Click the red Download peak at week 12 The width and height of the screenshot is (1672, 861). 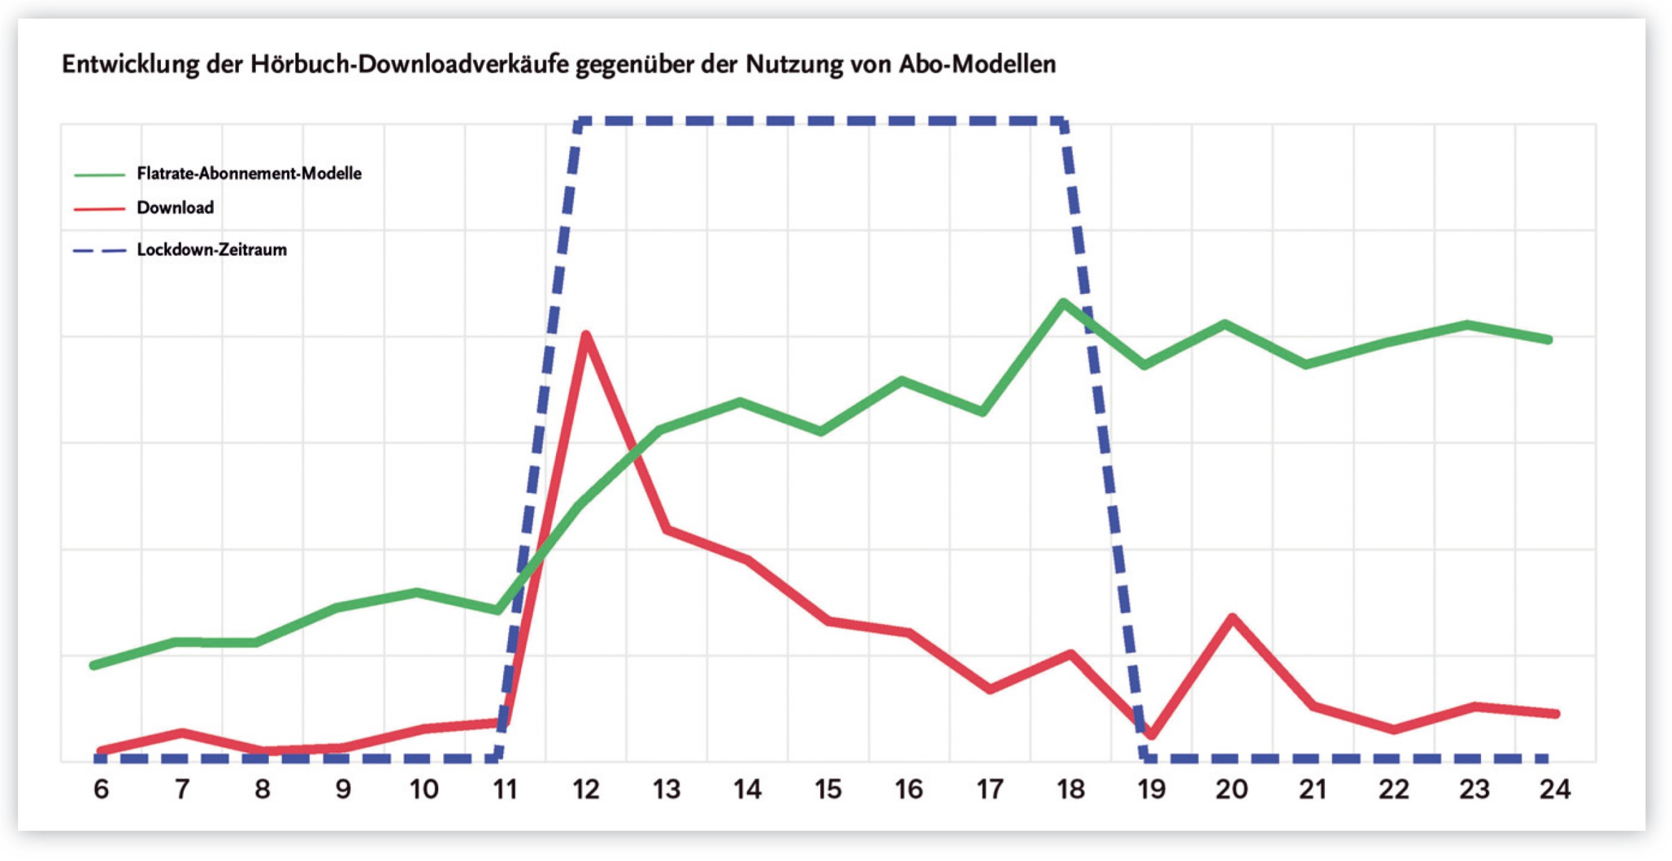[x=586, y=336]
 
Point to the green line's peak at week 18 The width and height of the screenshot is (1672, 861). [x=1063, y=303]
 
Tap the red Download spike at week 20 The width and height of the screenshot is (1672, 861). [x=1232, y=618]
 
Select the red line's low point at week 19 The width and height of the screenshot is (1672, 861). [x=1151, y=735]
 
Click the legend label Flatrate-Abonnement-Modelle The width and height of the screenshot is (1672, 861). [x=249, y=174]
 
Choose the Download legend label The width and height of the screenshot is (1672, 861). [x=175, y=208]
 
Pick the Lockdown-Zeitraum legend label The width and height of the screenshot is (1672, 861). [x=211, y=250]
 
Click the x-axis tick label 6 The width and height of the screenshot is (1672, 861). [x=101, y=789]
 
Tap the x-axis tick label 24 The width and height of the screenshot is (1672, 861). [x=1555, y=789]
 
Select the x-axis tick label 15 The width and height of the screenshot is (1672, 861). [x=828, y=789]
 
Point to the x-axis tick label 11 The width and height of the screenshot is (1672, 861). [x=504, y=789]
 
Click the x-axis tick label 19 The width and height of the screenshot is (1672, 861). [x=1151, y=789]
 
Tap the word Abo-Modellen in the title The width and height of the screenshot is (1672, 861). [x=977, y=64]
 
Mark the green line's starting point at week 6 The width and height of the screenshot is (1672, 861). [x=94, y=665]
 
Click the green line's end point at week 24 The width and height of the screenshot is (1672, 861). [x=1548, y=340]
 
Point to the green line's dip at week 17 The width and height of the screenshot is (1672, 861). [x=982, y=412]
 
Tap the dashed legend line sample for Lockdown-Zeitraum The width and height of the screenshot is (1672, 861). [x=100, y=250]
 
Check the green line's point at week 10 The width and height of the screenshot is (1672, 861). [x=417, y=593]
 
